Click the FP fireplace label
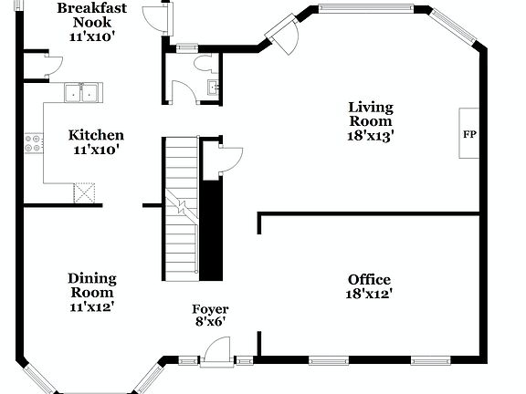470,135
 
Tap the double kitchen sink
82,92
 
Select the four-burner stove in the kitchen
35,142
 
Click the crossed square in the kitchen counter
85,192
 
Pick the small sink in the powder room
212,88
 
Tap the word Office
369,279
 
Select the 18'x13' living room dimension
370,135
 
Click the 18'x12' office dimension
369,294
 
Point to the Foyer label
210,309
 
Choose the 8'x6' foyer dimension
210,322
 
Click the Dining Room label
91,285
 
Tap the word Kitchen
97,135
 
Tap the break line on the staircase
183,208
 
